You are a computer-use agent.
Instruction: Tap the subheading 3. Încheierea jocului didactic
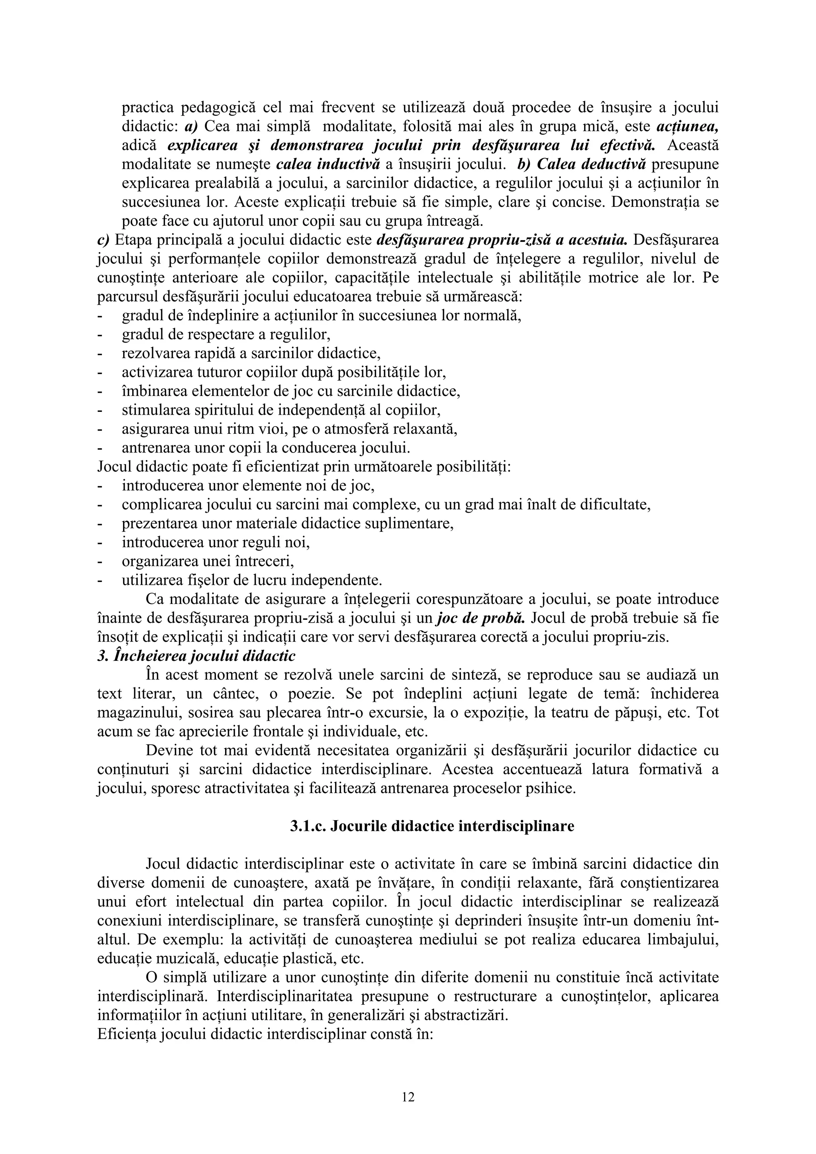[196, 656]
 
